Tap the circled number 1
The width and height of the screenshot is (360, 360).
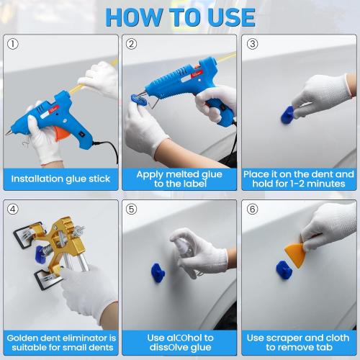(14, 45)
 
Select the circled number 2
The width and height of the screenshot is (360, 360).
(132, 45)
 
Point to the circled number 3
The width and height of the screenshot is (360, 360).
(252, 45)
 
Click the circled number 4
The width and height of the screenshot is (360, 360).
(14, 210)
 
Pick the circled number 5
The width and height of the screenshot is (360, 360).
(132, 210)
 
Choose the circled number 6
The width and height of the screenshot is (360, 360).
(252, 210)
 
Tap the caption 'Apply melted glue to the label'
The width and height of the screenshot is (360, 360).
(179, 179)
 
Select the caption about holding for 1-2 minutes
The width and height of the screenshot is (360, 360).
(300, 179)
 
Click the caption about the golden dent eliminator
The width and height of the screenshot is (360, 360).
(60, 343)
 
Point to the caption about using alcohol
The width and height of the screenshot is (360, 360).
(179, 343)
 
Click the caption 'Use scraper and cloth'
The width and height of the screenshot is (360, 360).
(300, 343)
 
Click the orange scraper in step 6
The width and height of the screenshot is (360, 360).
(296, 252)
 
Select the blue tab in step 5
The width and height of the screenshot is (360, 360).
(158, 272)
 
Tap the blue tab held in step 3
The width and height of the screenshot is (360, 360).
(287, 114)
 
